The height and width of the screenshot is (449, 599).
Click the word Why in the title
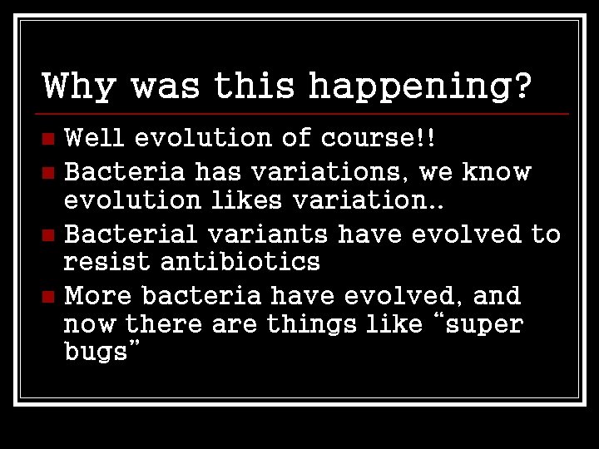tap(79, 86)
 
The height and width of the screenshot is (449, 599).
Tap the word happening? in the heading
tap(419, 86)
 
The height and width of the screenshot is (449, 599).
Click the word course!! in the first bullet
tap(379, 137)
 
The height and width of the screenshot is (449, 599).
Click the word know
tap(497, 173)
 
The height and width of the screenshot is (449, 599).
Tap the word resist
tap(108, 263)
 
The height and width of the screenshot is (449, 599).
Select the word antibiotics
tap(240, 263)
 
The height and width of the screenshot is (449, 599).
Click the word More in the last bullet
tap(99, 296)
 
